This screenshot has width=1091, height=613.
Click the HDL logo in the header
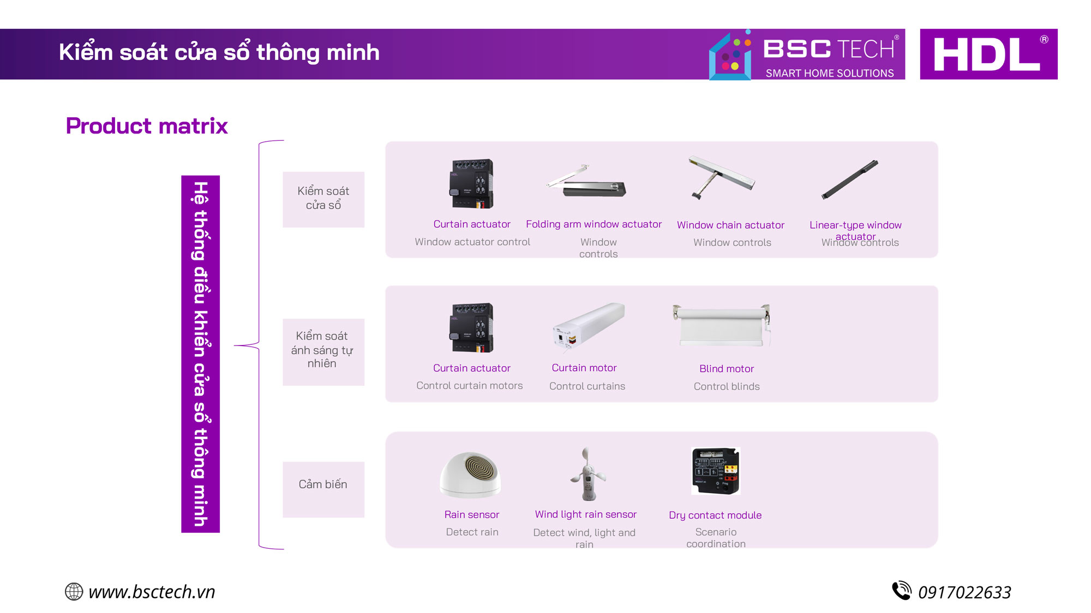point(988,54)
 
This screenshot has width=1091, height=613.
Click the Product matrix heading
point(147,126)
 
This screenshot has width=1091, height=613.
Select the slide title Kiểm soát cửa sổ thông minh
point(219,52)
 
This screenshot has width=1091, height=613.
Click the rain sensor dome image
point(470,475)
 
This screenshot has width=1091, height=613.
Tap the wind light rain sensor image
point(588,474)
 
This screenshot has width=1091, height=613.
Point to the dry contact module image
point(715,471)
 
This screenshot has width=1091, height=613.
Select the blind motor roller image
point(722,325)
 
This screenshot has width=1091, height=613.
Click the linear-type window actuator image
point(850,179)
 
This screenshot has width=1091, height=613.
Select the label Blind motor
point(727,369)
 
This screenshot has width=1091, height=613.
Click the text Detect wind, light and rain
point(584,538)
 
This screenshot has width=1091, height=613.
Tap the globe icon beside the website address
point(74,592)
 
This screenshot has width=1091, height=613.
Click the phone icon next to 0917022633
point(901,591)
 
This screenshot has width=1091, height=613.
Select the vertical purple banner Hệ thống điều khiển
point(200,354)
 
